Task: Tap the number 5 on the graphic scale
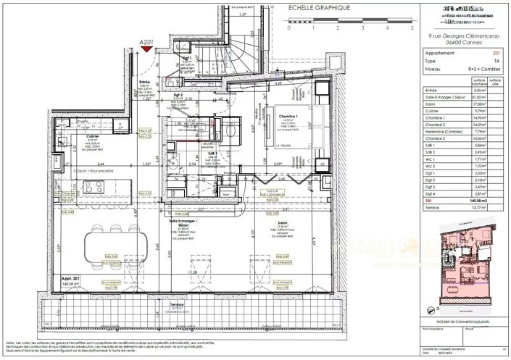[x=412, y=30]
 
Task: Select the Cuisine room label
[x=72, y=135]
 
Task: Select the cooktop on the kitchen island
[x=92, y=188]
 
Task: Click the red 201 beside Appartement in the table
[x=496, y=53]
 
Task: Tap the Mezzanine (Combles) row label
[x=443, y=131]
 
